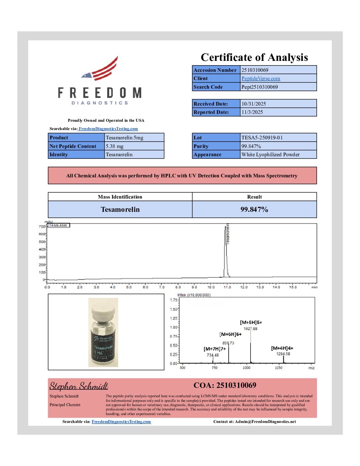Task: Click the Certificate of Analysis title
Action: [x=254, y=58]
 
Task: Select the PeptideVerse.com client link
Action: [x=260, y=78]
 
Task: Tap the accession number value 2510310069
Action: [x=255, y=70]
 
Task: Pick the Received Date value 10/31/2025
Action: [x=253, y=104]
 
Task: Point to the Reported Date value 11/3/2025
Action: [x=252, y=112]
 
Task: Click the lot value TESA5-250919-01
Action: [x=262, y=138]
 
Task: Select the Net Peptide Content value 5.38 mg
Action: [x=114, y=146]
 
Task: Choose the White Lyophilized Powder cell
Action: [x=270, y=155]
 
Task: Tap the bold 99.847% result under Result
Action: [x=254, y=210]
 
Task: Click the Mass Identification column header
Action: [x=120, y=197]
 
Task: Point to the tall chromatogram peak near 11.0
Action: [x=226, y=252]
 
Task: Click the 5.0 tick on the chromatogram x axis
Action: [x=129, y=287]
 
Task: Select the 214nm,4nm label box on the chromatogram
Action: [x=58, y=225]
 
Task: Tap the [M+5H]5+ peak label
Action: [x=251, y=322]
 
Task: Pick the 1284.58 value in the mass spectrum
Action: [x=283, y=354]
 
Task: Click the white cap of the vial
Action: [x=103, y=310]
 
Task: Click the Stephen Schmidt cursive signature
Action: [x=79, y=386]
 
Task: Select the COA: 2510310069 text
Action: [x=225, y=385]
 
